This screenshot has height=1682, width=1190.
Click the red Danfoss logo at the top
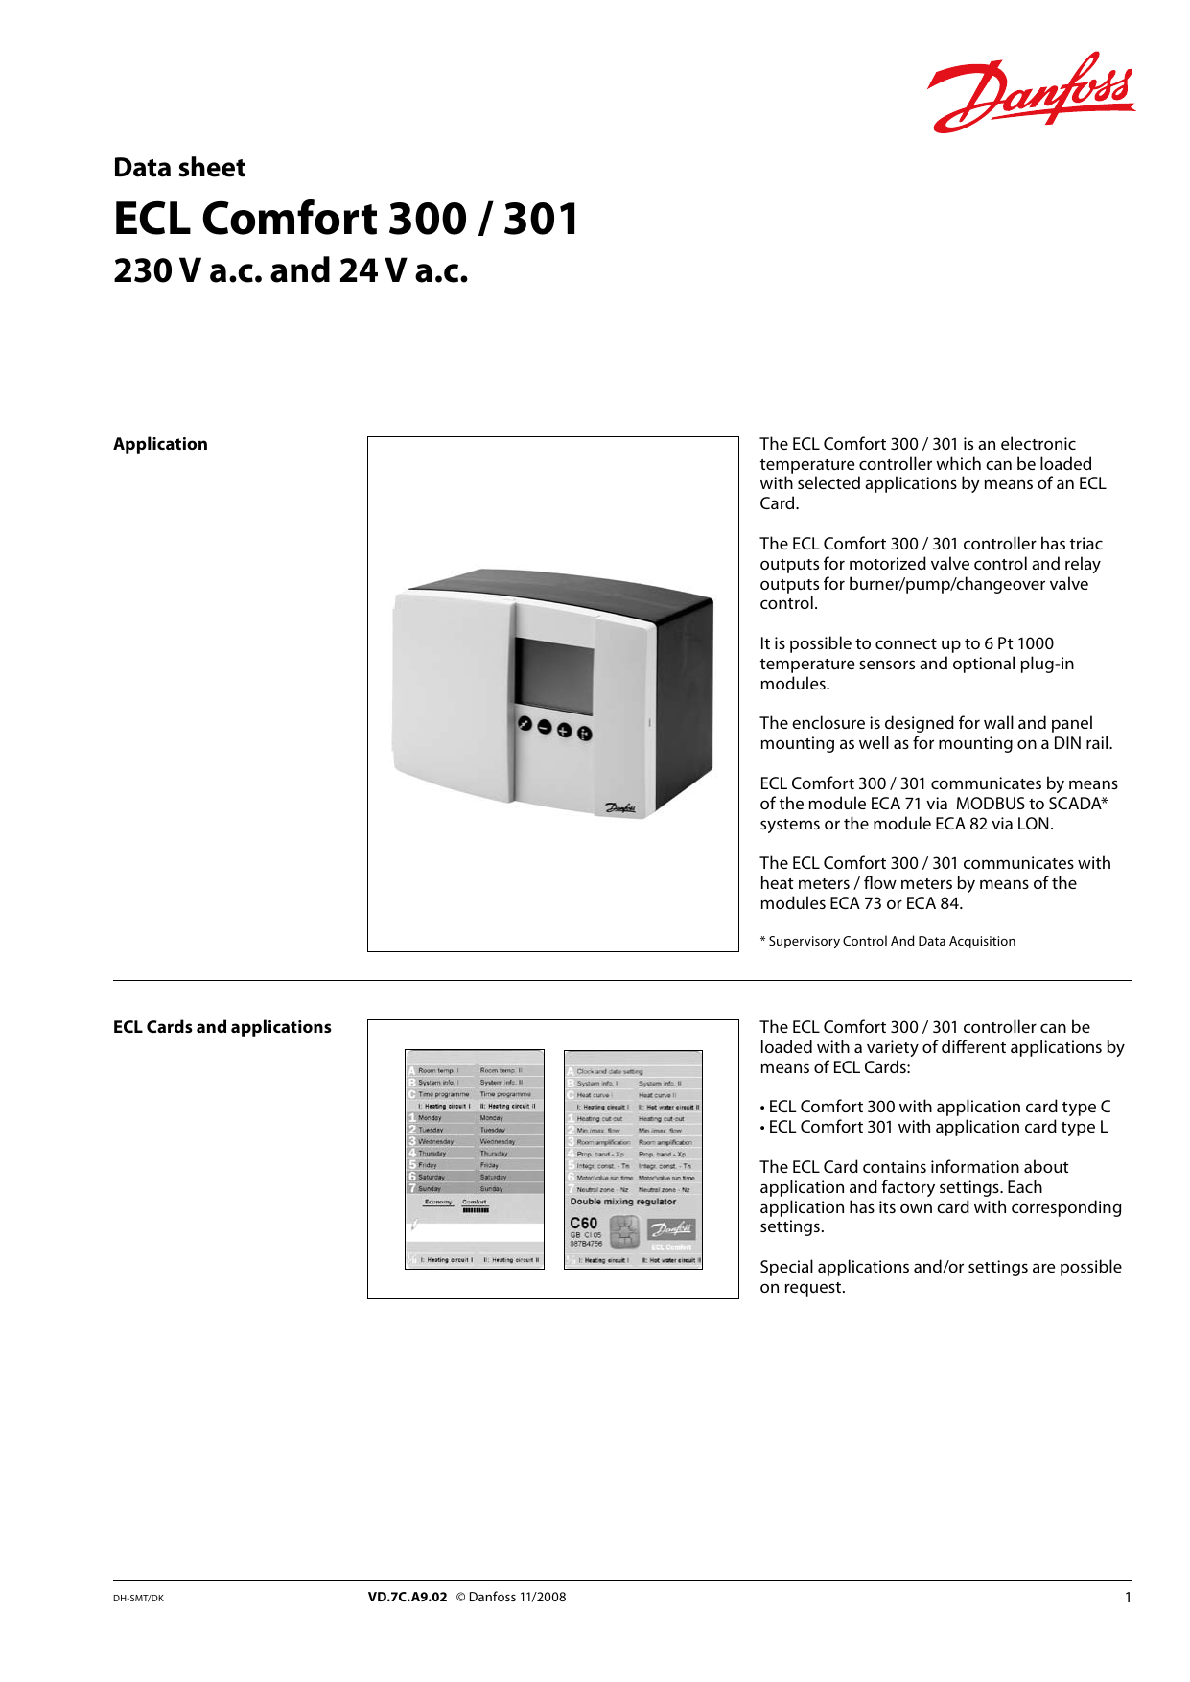click(x=1031, y=93)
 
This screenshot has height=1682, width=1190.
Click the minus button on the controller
click(x=545, y=728)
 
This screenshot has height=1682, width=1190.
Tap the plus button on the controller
click(x=565, y=731)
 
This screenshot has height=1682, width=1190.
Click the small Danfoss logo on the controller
click(x=619, y=808)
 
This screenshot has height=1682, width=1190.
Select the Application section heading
click(x=160, y=444)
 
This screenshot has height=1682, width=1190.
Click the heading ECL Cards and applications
click(x=222, y=1027)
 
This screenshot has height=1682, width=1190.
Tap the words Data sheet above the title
click(x=179, y=168)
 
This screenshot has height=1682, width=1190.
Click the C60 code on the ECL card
click(x=583, y=1223)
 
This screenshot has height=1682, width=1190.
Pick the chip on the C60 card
click(x=624, y=1230)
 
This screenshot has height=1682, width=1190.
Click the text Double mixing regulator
click(x=623, y=1202)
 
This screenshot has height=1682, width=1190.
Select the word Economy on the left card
click(x=437, y=1202)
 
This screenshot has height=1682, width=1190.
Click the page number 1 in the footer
click(x=1128, y=1598)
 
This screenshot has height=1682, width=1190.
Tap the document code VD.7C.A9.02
click(x=408, y=1598)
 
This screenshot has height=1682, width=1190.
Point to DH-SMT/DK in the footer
click(x=138, y=1599)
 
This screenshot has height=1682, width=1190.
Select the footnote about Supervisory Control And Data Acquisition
click(x=888, y=942)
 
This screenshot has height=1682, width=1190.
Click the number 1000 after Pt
click(x=1035, y=643)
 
